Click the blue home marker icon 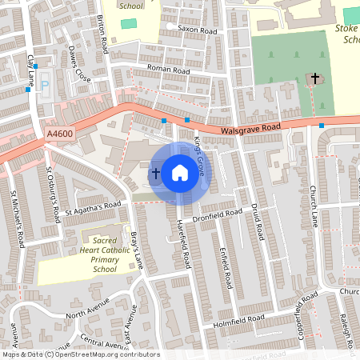[180, 172]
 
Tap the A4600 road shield [60, 137]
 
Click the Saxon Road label [198, 30]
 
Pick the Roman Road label [170, 70]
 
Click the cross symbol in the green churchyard [315, 78]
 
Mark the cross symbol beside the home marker [155, 172]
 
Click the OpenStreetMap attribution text [81, 354]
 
